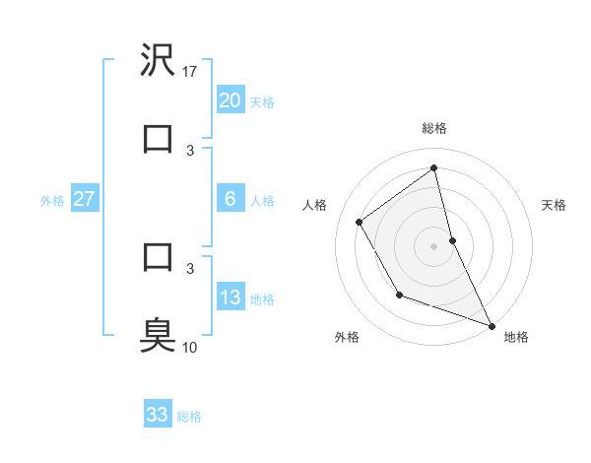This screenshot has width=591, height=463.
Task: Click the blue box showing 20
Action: pyautogui.click(x=230, y=100)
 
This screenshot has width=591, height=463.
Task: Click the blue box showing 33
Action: pyautogui.click(x=158, y=415)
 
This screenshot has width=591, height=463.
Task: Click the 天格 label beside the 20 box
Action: pyautogui.click(x=262, y=102)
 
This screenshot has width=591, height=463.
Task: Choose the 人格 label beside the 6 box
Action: pyautogui.click(x=262, y=201)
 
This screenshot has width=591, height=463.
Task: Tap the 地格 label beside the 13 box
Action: pyautogui.click(x=262, y=299)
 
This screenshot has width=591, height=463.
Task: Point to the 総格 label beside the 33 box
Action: pyautogui.click(x=189, y=417)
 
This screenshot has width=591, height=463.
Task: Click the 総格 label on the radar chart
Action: pyautogui.click(x=433, y=128)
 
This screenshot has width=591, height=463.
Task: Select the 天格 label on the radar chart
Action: pyautogui.click(x=554, y=205)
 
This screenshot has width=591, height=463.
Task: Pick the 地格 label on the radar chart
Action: pyautogui.click(x=516, y=338)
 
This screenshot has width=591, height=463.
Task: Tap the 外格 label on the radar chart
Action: pyautogui.click(x=347, y=338)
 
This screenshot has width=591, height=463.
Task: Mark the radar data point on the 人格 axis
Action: pyautogui.click(x=360, y=222)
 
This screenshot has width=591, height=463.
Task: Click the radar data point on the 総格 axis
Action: pyautogui.click(x=433, y=168)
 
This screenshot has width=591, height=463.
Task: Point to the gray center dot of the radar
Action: pyautogui.click(x=433, y=246)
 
